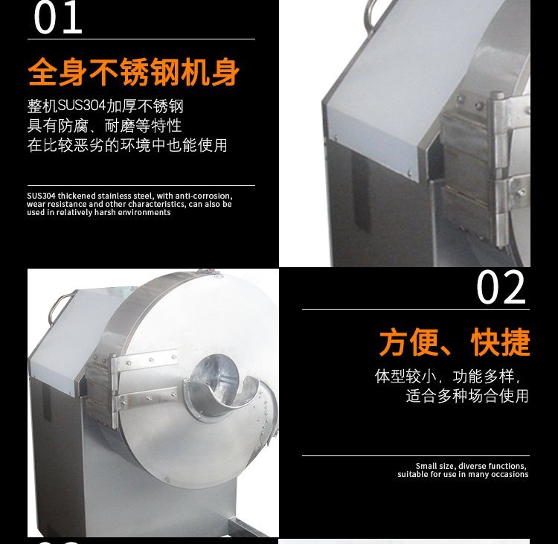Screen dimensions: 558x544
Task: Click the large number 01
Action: pyautogui.click(x=58, y=18)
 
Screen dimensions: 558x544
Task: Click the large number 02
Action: pyautogui.click(x=501, y=287)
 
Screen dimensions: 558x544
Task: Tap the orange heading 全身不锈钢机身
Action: pyautogui.click(x=133, y=71)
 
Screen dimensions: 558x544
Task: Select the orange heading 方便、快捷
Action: pyautogui.click(x=455, y=342)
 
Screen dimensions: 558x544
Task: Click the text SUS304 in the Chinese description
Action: pyautogui.click(x=82, y=106)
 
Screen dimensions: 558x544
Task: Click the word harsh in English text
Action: pyautogui.click(x=106, y=212)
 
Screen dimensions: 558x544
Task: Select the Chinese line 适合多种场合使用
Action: pyautogui.click(x=467, y=396)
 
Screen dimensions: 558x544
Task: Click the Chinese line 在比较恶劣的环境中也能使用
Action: pyautogui.click(x=127, y=145)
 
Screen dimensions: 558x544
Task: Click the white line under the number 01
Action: pyautogui.click(x=141, y=39)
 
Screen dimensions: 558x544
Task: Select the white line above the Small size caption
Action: pyautogui.click(x=416, y=455)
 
